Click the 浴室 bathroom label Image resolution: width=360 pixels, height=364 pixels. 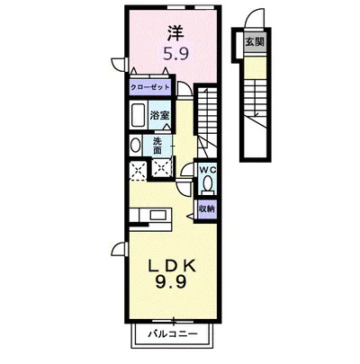(161, 114)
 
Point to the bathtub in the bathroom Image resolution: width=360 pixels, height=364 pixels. (139, 116)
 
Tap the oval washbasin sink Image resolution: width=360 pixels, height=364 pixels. (136, 145)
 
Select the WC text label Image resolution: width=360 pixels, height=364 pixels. (206, 170)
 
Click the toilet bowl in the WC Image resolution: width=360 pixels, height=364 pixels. (207, 185)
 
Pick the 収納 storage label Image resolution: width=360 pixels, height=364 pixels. (206, 209)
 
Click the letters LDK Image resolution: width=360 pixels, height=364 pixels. (168, 268)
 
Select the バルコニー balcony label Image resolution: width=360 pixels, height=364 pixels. (168, 337)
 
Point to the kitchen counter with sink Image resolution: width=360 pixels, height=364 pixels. (149, 217)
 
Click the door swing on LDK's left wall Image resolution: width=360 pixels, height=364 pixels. (118, 251)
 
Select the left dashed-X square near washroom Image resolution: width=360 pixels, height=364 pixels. (139, 168)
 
